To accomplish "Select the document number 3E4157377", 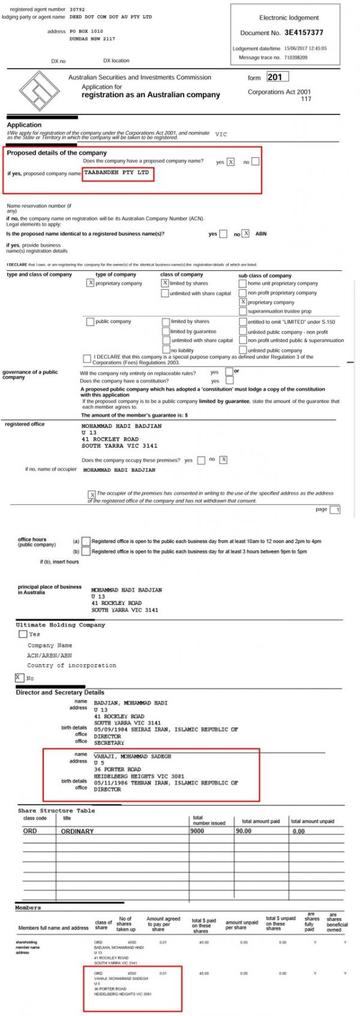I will [304, 33].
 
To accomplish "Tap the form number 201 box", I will [277, 77].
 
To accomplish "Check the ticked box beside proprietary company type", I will [91, 283].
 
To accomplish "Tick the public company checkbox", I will [90, 322].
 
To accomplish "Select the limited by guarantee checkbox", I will [166, 331].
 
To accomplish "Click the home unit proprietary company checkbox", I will [243, 283].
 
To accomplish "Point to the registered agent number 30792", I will [77, 10].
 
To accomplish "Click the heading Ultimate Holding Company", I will [60, 625].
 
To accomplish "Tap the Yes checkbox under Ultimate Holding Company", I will [23, 634].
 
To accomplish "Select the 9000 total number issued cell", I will [197, 831].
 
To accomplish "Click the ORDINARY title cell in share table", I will [77, 831].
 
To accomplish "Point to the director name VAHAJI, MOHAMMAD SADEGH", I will [132, 756].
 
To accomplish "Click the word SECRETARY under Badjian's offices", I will [109, 743].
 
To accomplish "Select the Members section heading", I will [28, 907].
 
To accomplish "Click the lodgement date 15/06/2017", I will [296, 49].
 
